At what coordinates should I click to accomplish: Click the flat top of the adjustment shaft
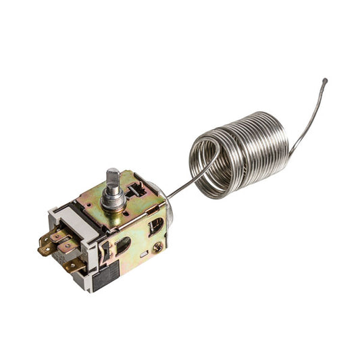[x=113, y=172]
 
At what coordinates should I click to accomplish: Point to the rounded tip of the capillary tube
[x=325, y=81]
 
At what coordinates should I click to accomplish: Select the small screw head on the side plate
[x=157, y=248]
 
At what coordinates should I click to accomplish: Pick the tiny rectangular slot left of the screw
[x=143, y=254]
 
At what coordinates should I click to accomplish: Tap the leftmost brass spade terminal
[x=46, y=249]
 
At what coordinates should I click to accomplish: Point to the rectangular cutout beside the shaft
[x=134, y=190]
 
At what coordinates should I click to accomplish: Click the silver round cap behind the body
[x=168, y=209]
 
